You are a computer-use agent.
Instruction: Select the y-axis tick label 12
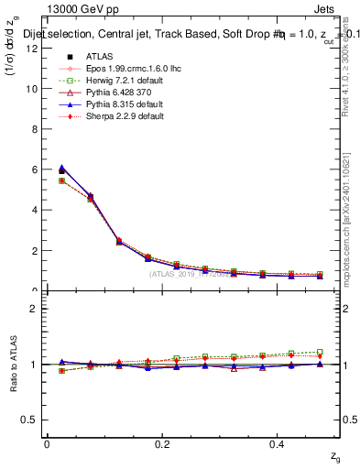(x=30, y=49)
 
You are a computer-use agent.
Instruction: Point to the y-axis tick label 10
(x=30, y=89)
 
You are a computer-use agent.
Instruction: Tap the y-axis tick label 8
(x=33, y=129)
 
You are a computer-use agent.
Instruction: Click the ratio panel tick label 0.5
(x=30, y=420)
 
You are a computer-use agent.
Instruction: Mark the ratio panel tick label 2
(x=33, y=309)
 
